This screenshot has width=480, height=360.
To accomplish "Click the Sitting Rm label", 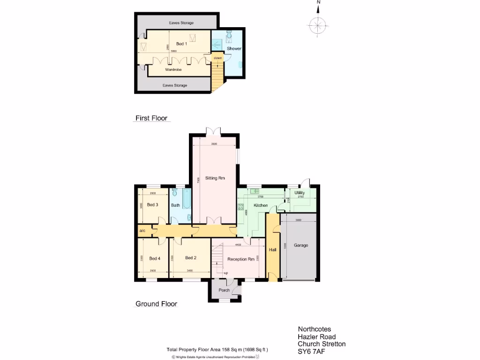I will pos(215,178).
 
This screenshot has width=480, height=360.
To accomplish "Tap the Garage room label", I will pos(301,245).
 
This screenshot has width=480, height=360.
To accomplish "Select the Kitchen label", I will pos(261,206).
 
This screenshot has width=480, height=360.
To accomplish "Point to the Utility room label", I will pos(300,193).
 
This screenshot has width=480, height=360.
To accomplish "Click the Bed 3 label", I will pos(152,205).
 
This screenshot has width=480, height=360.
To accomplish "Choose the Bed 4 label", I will pos(155,258).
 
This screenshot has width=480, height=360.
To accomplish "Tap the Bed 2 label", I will pos(190,258).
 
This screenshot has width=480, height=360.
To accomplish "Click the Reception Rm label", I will pos(241,259).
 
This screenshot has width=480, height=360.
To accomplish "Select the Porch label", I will pos(224,290).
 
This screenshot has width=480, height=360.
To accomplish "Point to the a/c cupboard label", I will pos(142,231).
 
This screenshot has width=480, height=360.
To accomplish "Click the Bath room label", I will pos(175,205).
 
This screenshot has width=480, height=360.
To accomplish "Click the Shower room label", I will pos(234,49).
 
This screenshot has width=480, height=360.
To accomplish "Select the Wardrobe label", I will pos(173,69).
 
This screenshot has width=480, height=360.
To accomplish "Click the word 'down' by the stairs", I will pos(217,58).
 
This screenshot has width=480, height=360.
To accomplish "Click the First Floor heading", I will pos(151,118).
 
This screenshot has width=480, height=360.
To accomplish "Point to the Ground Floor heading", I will pos(157,304).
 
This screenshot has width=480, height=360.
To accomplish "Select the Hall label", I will pos(272,250).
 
